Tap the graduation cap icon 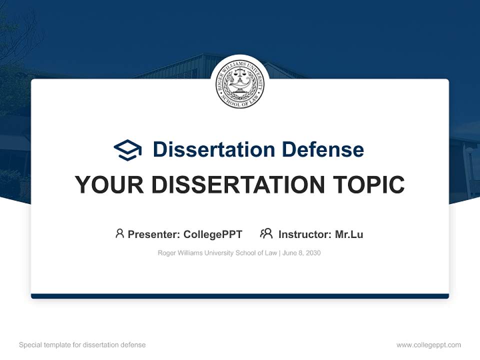[128, 150]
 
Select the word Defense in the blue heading [322, 149]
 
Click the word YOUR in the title [109, 185]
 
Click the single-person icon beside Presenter [119, 233]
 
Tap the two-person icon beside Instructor [266, 233]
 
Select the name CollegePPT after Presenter [213, 234]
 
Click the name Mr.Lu [349, 234]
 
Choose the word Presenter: [154, 234]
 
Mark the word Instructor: [305, 234]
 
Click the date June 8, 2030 [301, 253]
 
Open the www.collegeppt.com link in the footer [428, 345]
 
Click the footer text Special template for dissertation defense [82, 345]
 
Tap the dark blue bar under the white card [240, 296]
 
